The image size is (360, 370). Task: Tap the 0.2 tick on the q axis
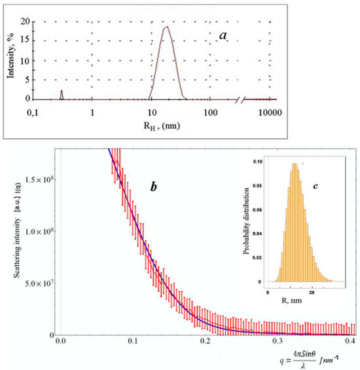206,342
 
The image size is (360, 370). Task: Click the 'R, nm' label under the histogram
277,305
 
